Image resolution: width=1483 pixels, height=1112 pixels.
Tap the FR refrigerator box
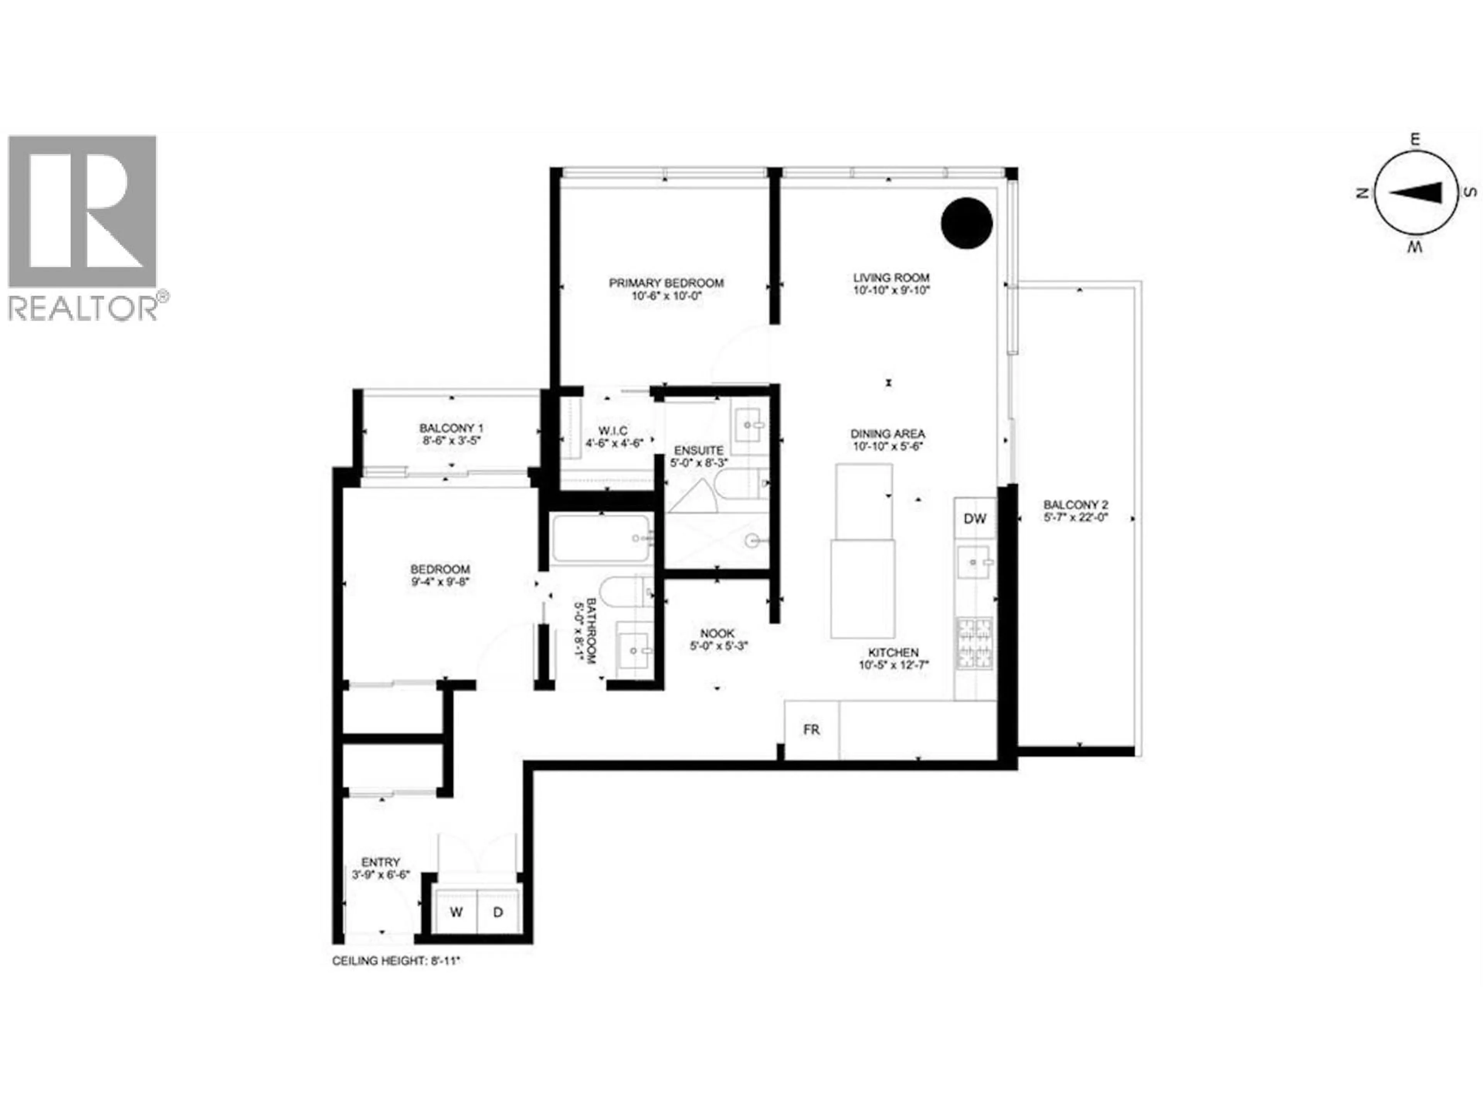[811, 729]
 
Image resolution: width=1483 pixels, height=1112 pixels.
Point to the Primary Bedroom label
[666, 283]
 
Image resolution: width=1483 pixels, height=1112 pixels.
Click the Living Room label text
[891, 278]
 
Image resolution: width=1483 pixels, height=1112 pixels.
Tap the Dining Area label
[887, 434]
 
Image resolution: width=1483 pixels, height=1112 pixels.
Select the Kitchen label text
[893, 652]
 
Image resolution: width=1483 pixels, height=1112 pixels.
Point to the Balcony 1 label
[451, 428]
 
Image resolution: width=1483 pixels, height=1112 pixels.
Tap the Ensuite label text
[699, 451]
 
